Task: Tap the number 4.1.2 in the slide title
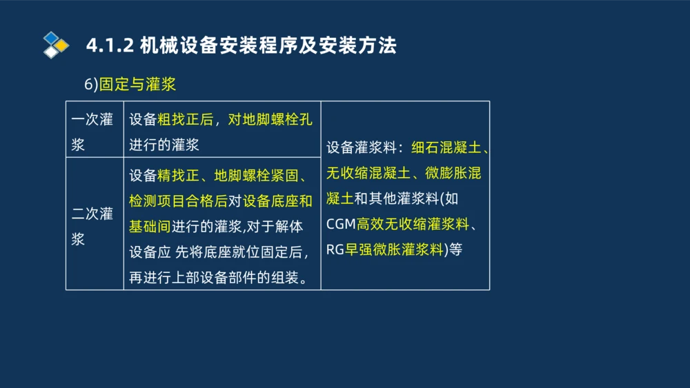click(x=110, y=46)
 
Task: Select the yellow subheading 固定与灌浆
click(x=137, y=84)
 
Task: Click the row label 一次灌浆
click(x=92, y=131)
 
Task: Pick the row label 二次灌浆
click(x=92, y=226)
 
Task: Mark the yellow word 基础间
click(x=149, y=226)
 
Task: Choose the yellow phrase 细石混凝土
click(x=446, y=147)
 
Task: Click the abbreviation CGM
click(x=341, y=224)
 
